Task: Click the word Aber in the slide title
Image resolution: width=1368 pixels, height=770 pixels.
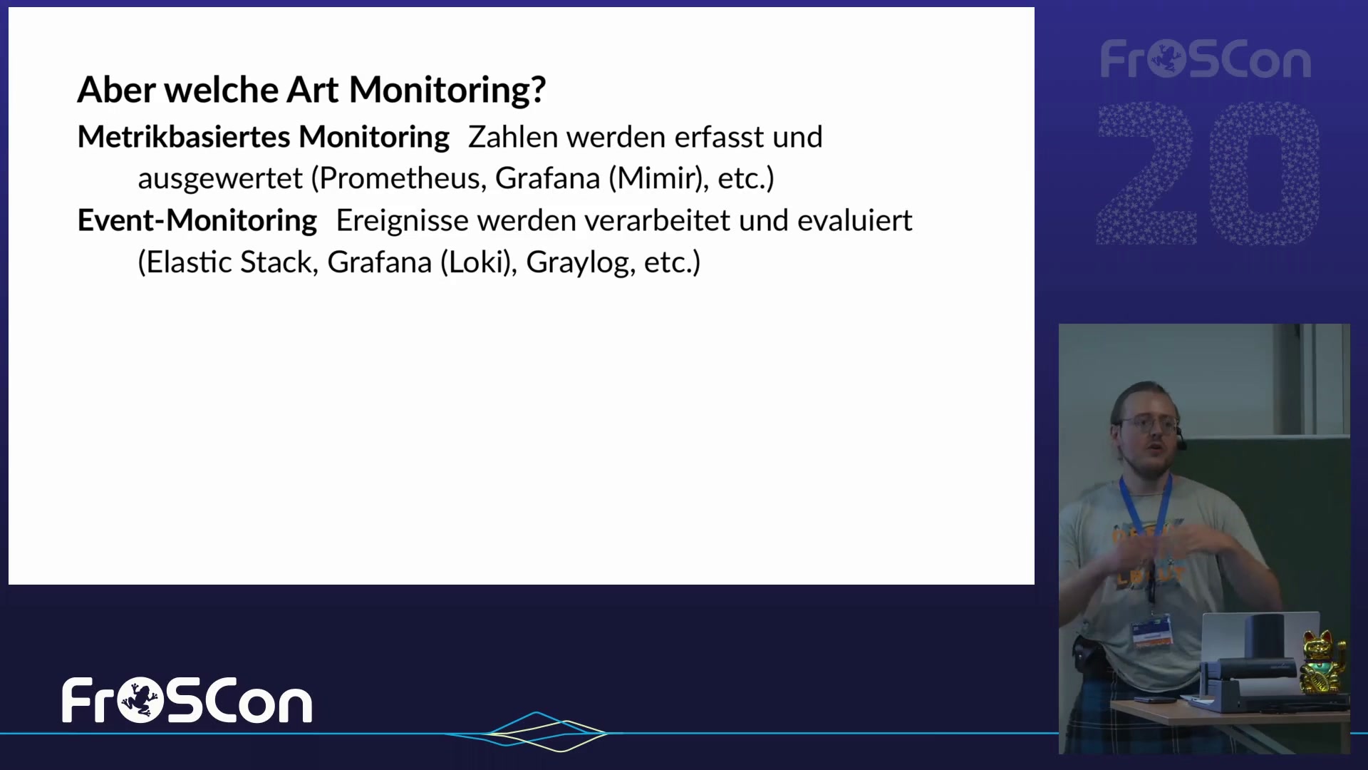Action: click(116, 90)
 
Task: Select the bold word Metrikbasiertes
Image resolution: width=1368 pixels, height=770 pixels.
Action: click(184, 137)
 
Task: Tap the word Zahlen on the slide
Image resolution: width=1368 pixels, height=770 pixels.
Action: click(512, 137)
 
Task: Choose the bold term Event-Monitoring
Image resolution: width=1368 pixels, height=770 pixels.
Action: click(197, 220)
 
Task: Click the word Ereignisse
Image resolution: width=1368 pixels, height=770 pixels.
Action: click(403, 221)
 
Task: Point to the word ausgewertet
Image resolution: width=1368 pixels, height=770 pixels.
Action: click(220, 179)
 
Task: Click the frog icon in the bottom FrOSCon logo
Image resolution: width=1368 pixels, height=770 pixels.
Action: click(140, 700)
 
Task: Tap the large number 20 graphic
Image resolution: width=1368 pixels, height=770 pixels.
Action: click(1208, 173)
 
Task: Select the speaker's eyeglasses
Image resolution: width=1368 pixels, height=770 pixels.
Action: click(1149, 424)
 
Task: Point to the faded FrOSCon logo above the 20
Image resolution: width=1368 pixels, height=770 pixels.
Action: click(1206, 59)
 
